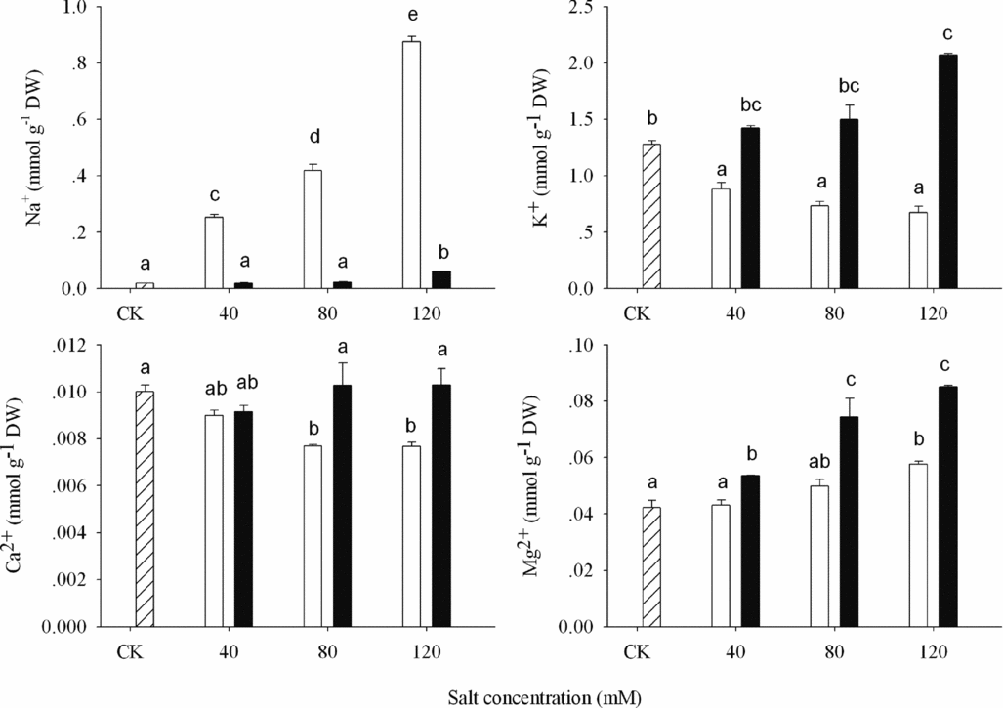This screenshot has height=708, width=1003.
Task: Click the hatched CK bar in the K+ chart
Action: [x=650, y=216]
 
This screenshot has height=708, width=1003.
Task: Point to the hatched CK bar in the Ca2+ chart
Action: [x=144, y=508]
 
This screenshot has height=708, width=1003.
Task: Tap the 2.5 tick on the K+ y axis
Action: [x=578, y=8]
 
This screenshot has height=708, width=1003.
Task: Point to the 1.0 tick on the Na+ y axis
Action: [x=74, y=8]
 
